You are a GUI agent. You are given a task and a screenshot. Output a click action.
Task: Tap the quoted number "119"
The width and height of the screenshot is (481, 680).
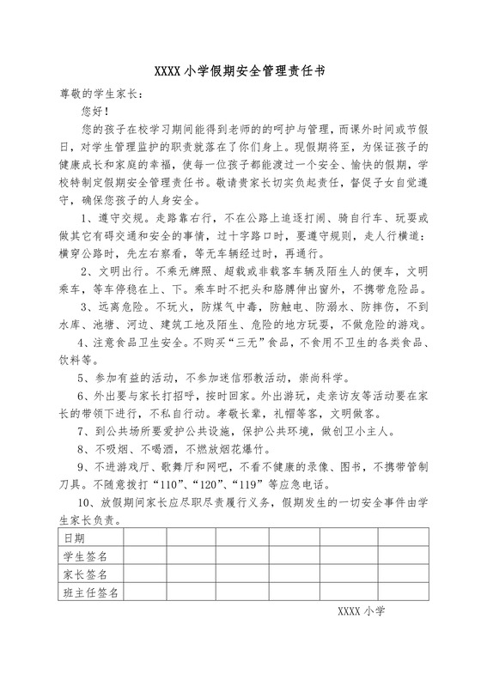coord(275,483)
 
